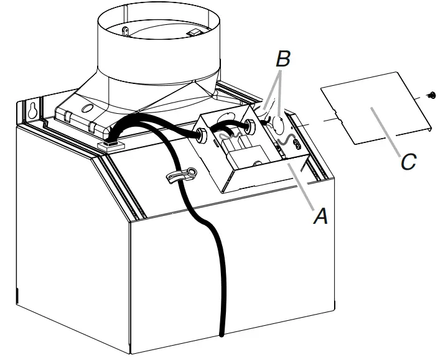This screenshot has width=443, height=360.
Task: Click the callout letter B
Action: pos(283,61)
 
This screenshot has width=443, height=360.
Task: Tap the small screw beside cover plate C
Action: pos(430,95)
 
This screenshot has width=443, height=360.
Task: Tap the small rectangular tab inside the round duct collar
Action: pos(194,32)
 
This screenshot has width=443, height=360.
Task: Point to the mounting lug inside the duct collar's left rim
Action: pos(124,30)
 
